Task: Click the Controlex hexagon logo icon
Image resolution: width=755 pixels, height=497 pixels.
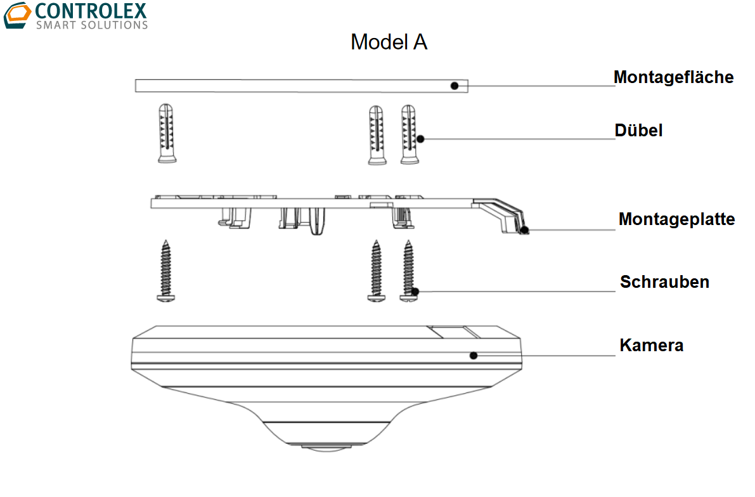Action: (x=17, y=15)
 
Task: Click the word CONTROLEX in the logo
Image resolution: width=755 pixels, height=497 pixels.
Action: (x=91, y=11)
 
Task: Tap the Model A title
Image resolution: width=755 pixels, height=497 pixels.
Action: (x=389, y=42)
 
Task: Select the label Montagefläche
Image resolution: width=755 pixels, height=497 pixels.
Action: (x=673, y=77)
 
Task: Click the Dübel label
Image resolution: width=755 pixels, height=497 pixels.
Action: (x=638, y=130)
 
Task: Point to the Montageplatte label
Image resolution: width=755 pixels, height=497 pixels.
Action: (x=676, y=219)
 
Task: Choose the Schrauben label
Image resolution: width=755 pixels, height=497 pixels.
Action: (x=664, y=281)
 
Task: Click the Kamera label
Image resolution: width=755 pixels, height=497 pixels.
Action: (x=651, y=345)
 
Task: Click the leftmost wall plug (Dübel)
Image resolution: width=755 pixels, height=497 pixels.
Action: (x=167, y=133)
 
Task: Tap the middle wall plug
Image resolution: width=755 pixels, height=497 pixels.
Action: (x=377, y=135)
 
